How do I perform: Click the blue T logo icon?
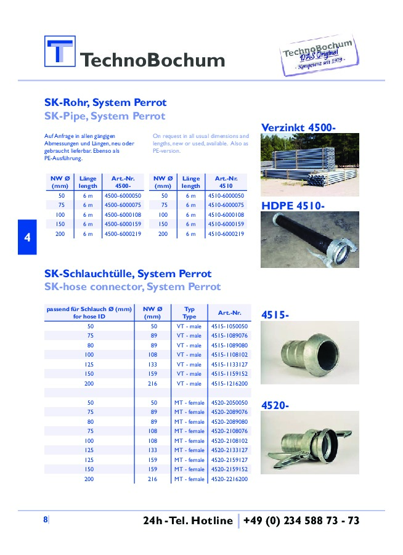point(59,52)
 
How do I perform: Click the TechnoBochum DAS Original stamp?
point(318,56)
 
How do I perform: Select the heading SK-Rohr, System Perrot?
point(105,103)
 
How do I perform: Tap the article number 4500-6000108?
point(123,214)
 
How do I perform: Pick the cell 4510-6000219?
point(226,234)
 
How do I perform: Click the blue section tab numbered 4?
point(26,237)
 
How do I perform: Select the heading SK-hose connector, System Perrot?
point(132,287)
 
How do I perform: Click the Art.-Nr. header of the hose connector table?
point(229,312)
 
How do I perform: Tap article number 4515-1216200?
point(229,383)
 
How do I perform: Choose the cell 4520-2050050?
point(229,402)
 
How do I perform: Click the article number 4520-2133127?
point(229,450)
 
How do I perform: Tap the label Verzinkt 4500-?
point(299,128)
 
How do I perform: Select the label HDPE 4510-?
point(293,206)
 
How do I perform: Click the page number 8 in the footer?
point(45,520)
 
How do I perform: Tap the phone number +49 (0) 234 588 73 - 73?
point(301,521)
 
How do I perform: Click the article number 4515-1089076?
point(229,336)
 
